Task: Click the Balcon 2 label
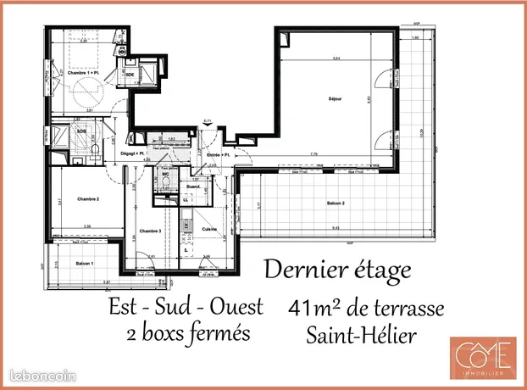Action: coord(336,204)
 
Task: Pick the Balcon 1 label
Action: coord(85,265)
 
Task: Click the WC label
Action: coord(167,175)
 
